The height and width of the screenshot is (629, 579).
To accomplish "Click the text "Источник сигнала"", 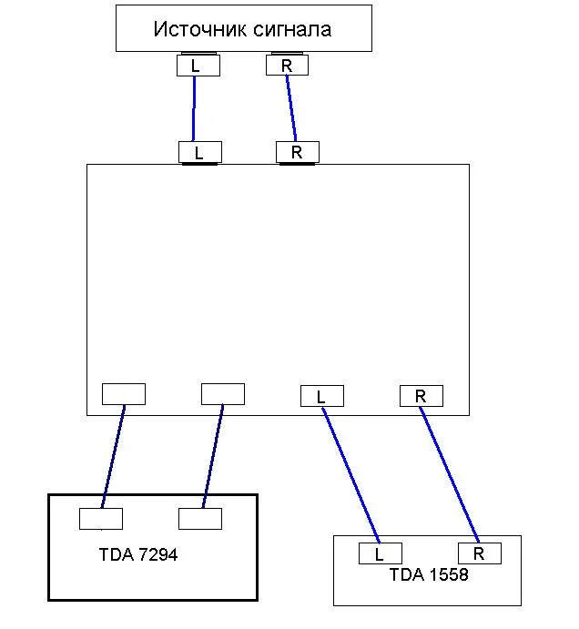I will point(242,29).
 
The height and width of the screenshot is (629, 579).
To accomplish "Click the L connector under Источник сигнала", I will point(196,66).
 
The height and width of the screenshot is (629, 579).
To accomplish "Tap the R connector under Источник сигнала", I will point(287,66).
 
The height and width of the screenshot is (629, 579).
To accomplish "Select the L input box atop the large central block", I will point(198,152).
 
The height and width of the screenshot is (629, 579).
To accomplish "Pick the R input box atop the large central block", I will point(297,152).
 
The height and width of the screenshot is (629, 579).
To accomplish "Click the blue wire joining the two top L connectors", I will point(194,108).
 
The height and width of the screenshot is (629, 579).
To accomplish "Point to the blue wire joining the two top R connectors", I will point(291,108).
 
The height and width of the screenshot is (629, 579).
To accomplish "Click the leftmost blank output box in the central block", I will point(123,393).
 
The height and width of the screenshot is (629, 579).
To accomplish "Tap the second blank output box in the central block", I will point(222,393).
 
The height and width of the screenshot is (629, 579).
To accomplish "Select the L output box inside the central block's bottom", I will point(320,397).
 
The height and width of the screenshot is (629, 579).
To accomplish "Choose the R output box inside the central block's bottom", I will point(421,396).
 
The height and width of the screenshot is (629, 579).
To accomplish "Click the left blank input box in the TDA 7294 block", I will point(101,519).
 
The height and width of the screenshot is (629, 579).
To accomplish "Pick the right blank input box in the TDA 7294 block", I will point(200,519).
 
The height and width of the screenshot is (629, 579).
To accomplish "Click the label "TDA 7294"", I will point(138,554).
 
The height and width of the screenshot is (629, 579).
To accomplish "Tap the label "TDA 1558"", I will point(428,575).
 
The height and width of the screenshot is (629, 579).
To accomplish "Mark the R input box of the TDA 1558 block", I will point(479,553).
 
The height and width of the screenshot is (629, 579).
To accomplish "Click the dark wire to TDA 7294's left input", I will point(113,455).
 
